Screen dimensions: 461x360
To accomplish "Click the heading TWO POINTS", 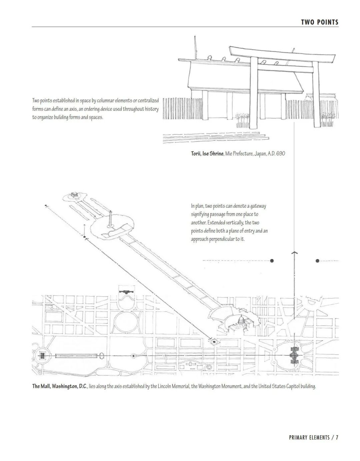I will pyautogui.click(x=319, y=22).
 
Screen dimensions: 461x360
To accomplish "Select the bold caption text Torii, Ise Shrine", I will pyautogui.click(x=207, y=154).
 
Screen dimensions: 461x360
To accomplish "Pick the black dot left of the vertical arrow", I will pyautogui.click(x=272, y=261).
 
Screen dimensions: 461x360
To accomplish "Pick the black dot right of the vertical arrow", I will pyautogui.click(x=317, y=261).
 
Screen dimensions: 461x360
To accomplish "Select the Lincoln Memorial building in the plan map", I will pyautogui.click(x=42, y=356).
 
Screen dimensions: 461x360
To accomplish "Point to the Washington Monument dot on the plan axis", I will pyautogui.click(x=133, y=356).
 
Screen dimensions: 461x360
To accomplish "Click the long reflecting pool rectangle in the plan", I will pyautogui.click(x=76, y=356).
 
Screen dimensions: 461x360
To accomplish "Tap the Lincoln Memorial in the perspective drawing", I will pyautogui.click(x=75, y=194).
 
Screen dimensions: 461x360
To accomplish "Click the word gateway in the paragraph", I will pyautogui.click(x=257, y=206).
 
